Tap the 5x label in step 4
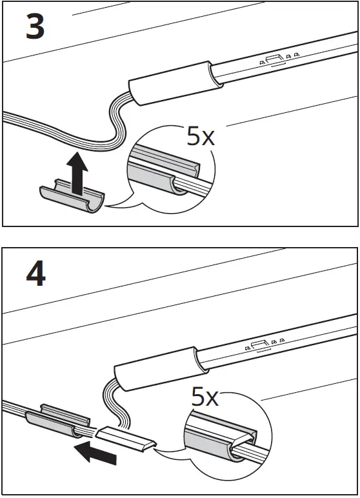(205, 396)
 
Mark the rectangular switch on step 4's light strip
(257, 345)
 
